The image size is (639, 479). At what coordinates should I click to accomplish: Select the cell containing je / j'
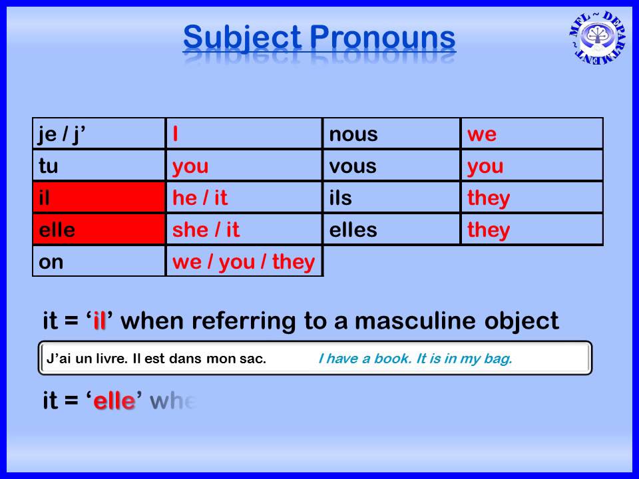click(99, 134)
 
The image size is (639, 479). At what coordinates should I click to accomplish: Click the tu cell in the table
click(99, 166)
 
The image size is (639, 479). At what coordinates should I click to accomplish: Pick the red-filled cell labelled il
click(99, 198)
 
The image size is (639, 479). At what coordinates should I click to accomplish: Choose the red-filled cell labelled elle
click(99, 230)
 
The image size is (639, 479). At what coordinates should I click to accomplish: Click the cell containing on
click(99, 261)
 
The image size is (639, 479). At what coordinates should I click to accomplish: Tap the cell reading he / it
click(244, 198)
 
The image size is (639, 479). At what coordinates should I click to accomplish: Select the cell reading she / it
click(244, 230)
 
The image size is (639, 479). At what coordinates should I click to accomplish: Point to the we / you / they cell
click(244, 261)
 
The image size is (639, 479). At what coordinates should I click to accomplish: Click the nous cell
click(391, 134)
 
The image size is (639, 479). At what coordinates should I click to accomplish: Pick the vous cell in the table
click(391, 166)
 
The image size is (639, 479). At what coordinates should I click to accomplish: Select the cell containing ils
click(391, 198)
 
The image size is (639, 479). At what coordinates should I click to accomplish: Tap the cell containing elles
click(391, 230)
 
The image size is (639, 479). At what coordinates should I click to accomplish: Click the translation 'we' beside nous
click(531, 134)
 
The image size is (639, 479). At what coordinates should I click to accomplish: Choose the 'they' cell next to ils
click(531, 198)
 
